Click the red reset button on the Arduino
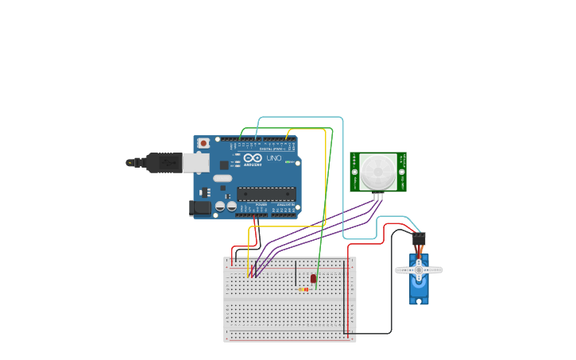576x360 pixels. [x=204, y=143]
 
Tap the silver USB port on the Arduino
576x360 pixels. [x=195, y=162]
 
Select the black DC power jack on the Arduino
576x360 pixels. [x=201, y=208]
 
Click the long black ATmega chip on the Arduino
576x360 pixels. [x=266, y=193]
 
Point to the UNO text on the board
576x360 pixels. [x=273, y=158]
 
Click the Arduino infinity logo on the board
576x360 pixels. [x=253, y=158]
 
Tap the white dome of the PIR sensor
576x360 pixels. [x=378, y=170]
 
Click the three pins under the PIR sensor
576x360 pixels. [x=378, y=196]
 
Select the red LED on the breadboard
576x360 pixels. [x=313, y=278]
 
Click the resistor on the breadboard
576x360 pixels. [x=304, y=289]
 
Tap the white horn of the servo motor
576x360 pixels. [x=419, y=270]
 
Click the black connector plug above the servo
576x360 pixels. [x=419, y=238]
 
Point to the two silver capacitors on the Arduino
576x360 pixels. [x=226, y=207]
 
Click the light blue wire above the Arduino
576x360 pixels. [x=302, y=118]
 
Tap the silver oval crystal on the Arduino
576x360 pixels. [x=222, y=179]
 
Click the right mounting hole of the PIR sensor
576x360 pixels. [x=401, y=172]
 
